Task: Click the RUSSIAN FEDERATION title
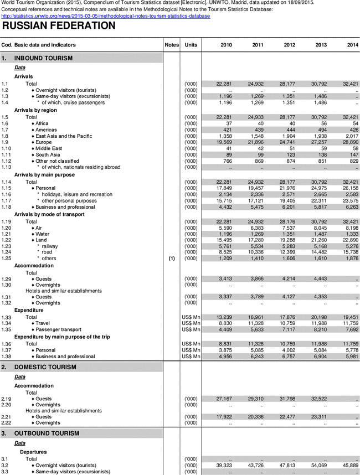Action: pyautogui.click(x=59, y=26)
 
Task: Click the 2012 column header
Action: pyautogui.click(x=289, y=44)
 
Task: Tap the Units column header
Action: pyautogui.click(x=191, y=44)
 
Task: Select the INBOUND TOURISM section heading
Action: pyautogui.click(x=44, y=58)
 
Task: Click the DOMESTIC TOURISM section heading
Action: pyautogui.click(x=45, y=367)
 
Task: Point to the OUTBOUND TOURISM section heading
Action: pyautogui.click(x=47, y=433)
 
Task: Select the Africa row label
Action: pyautogui.click(x=42, y=123)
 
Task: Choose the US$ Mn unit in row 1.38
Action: pyautogui.click(x=191, y=357)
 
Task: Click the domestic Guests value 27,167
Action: pyautogui.click(x=223, y=399)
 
